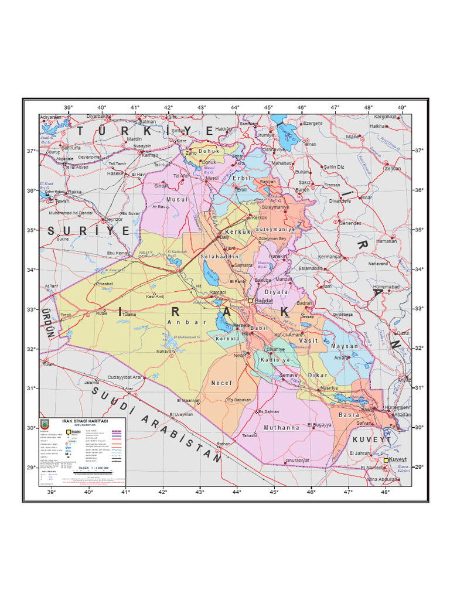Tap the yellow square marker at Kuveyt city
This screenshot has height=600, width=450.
point(386,461)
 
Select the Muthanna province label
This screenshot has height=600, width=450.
point(281,428)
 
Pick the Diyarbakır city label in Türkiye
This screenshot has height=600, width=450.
point(98,117)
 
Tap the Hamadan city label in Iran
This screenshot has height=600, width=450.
point(386,241)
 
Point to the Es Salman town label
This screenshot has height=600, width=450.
point(268,411)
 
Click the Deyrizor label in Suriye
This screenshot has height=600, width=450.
point(114,219)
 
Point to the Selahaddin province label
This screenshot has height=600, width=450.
point(220,257)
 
